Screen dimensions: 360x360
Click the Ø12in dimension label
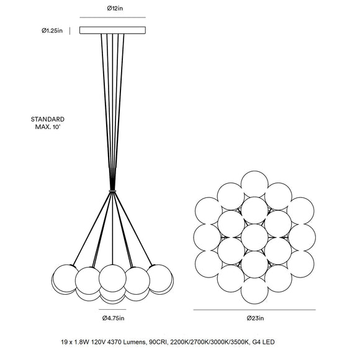[115, 9]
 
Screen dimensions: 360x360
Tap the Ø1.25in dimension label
[52, 31]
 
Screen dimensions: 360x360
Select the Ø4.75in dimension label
[113, 318]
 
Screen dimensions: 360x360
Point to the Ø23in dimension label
[255, 318]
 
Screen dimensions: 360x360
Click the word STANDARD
[48, 119]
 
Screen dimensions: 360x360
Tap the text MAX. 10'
[48, 127]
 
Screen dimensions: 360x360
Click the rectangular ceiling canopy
[112, 30]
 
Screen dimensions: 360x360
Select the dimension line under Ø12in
[112, 17]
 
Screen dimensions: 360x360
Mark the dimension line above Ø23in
[254, 310]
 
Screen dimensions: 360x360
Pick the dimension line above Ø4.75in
[112, 309]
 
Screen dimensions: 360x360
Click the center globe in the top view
[254, 237]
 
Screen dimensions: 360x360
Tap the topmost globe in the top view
[254, 184]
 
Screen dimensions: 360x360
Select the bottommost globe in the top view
[254, 290]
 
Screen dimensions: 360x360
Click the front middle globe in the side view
[112, 278]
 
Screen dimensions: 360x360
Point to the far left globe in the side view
[65, 278]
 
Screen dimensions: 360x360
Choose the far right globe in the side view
[160, 278]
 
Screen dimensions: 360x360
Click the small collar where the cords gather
[112, 191]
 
